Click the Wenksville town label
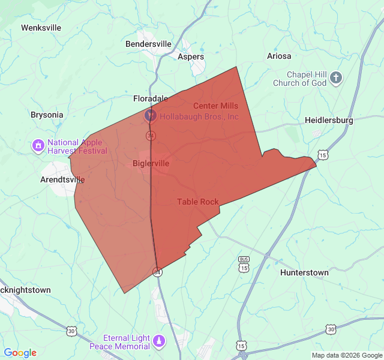tap(41, 28)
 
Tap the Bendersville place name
tap(148, 44)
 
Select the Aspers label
tap(191, 57)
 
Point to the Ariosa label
tap(279, 56)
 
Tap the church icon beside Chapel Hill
tap(336, 77)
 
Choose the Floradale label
tap(150, 98)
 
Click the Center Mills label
tap(215, 106)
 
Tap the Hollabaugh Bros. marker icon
tap(151, 115)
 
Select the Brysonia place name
tap(47, 115)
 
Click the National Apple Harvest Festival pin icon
tap(38, 145)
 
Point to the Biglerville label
tap(151, 163)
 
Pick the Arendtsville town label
tap(62, 179)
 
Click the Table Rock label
tap(198, 202)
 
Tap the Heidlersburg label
tap(329, 120)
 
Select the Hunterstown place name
tap(304, 272)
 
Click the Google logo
tap(20, 353)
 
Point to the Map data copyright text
tap(346, 355)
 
